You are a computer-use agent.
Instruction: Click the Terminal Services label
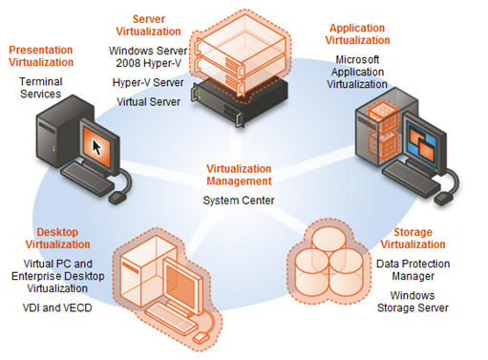pyautogui.click(x=38, y=89)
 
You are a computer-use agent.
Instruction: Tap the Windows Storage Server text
pyautogui.click(x=418, y=302)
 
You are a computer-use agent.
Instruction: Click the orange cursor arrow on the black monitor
pyautogui.click(x=95, y=144)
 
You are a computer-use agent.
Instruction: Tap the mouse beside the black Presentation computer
pyautogui.click(x=118, y=196)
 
